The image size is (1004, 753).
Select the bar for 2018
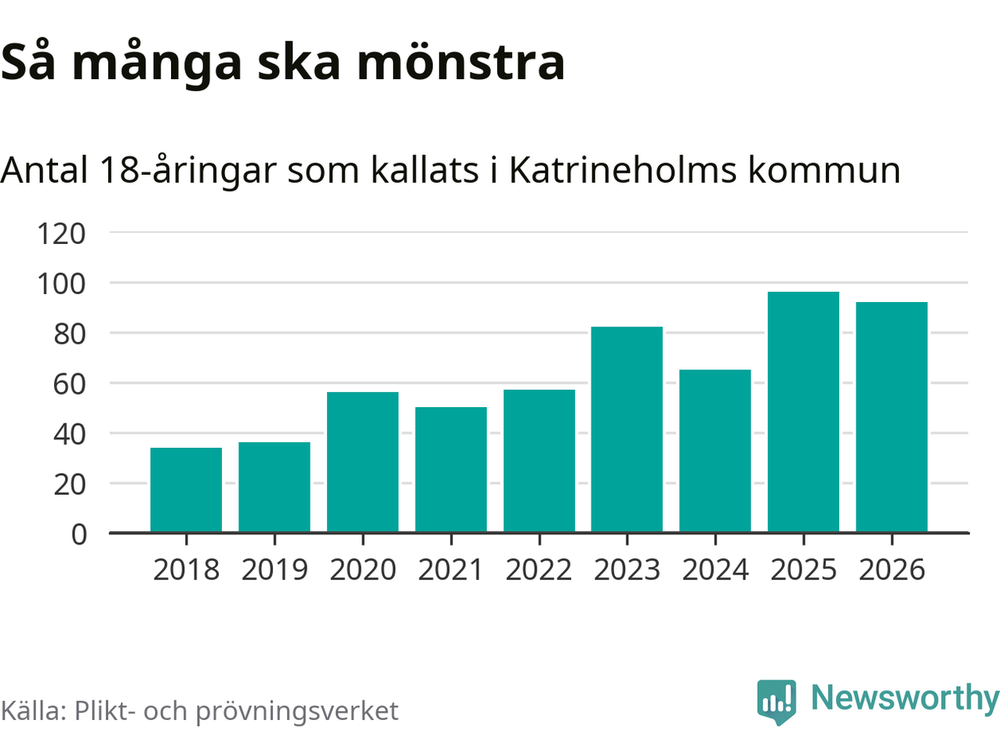(186, 490)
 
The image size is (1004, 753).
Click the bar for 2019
(275, 487)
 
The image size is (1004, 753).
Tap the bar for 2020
(362, 462)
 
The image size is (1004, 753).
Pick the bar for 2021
(451, 470)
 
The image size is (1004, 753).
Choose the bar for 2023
(627, 430)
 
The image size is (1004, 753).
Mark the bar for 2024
(715, 451)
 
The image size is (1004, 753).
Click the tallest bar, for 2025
(803, 412)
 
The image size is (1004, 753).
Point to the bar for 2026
(892, 417)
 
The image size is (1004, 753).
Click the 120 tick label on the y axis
(61, 233)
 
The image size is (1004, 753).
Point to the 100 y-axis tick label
(61, 283)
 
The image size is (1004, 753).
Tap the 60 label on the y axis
(70, 384)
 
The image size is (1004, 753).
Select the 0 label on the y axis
(79, 534)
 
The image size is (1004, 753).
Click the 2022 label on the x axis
(539, 569)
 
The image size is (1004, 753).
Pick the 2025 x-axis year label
(803, 569)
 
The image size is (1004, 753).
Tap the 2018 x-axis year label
(186, 569)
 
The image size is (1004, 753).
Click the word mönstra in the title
(461, 63)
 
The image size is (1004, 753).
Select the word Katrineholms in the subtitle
(623, 170)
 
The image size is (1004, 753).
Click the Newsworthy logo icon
(777, 700)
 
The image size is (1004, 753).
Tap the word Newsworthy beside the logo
(904, 698)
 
